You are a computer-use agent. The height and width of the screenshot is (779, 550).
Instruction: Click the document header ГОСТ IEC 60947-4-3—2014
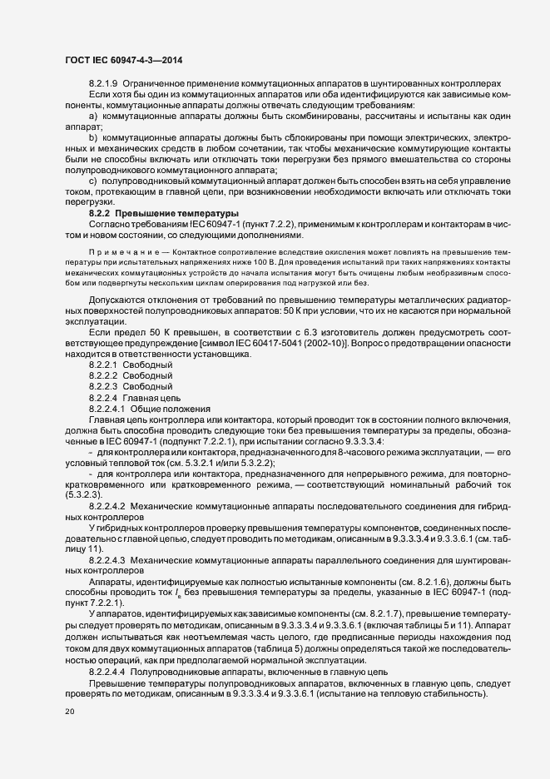pos(123,61)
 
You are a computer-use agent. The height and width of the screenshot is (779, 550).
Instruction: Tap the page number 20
pos(70,712)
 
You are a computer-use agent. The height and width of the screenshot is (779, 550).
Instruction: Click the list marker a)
pos(92,117)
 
